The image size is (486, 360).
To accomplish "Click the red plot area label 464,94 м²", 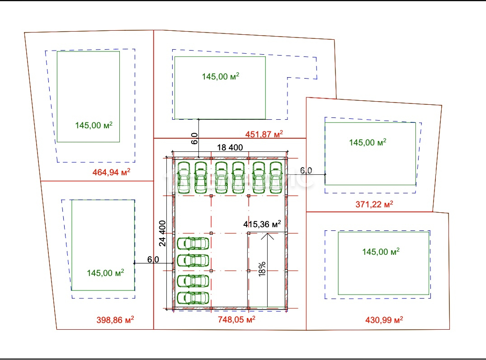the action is click(111, 172).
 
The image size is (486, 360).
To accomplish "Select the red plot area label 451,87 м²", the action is click(264, 134).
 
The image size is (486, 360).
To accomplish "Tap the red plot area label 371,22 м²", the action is click(374, 204).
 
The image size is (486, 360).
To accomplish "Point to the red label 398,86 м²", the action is click(115, 320).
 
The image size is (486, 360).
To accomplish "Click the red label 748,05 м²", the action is click(236, 319).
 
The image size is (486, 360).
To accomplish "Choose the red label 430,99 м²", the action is click(384, 320).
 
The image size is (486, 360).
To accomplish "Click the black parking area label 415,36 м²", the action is click(262, 224).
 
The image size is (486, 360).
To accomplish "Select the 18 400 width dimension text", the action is click(230, 147).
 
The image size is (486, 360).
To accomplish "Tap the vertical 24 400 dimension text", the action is click(162, 234).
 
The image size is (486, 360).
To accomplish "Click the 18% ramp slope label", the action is click(262, 269).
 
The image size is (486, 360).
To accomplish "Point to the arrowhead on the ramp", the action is click(267, 237).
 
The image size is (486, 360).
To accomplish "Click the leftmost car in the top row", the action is click(184, 178).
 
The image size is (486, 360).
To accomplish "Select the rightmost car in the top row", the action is click(276, 178).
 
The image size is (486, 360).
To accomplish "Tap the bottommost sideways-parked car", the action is click(193, 298).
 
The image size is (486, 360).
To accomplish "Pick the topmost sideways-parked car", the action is click(193, 243).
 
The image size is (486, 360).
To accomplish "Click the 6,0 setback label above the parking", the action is click(194, 138).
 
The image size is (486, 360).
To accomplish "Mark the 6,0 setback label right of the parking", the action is click(306, 170).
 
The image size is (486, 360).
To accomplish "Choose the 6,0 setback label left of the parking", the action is click(153, 259).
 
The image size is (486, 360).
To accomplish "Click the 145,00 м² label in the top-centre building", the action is click(221, 76).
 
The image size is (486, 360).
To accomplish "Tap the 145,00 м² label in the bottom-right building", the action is click(381, 251).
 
